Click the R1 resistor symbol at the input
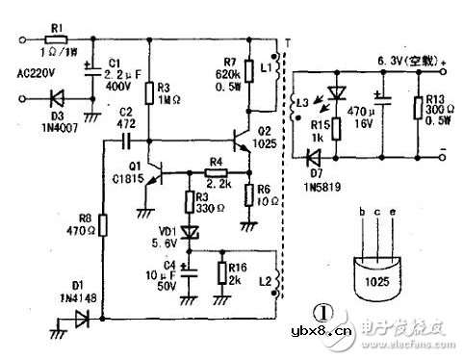pos(56,40)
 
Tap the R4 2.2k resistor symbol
pos(216,173)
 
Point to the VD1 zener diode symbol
pos(190,231)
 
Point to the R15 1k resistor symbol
pos(335,125)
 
